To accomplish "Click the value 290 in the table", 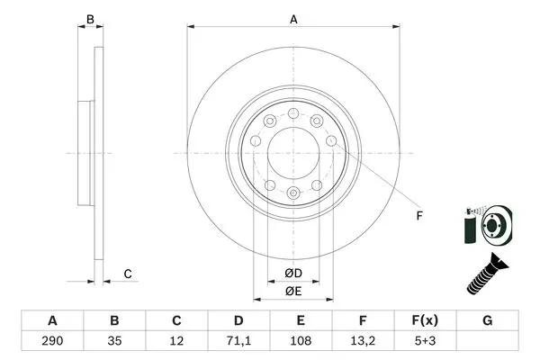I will (52, 341).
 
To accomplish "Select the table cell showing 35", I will (114, 341).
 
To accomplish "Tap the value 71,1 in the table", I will (238, 341).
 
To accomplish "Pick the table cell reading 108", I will (301, 341).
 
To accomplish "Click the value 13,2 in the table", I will (363, 341).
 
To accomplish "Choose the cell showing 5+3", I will (425, 341).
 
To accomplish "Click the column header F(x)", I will (425, 320).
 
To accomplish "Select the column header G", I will (487, 320).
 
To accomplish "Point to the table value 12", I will (176, 341).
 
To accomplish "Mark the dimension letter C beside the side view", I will (128, 274).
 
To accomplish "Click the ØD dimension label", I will (293, 273).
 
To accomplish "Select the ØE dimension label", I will (293, 291).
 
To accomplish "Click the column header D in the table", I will (238, 320).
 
